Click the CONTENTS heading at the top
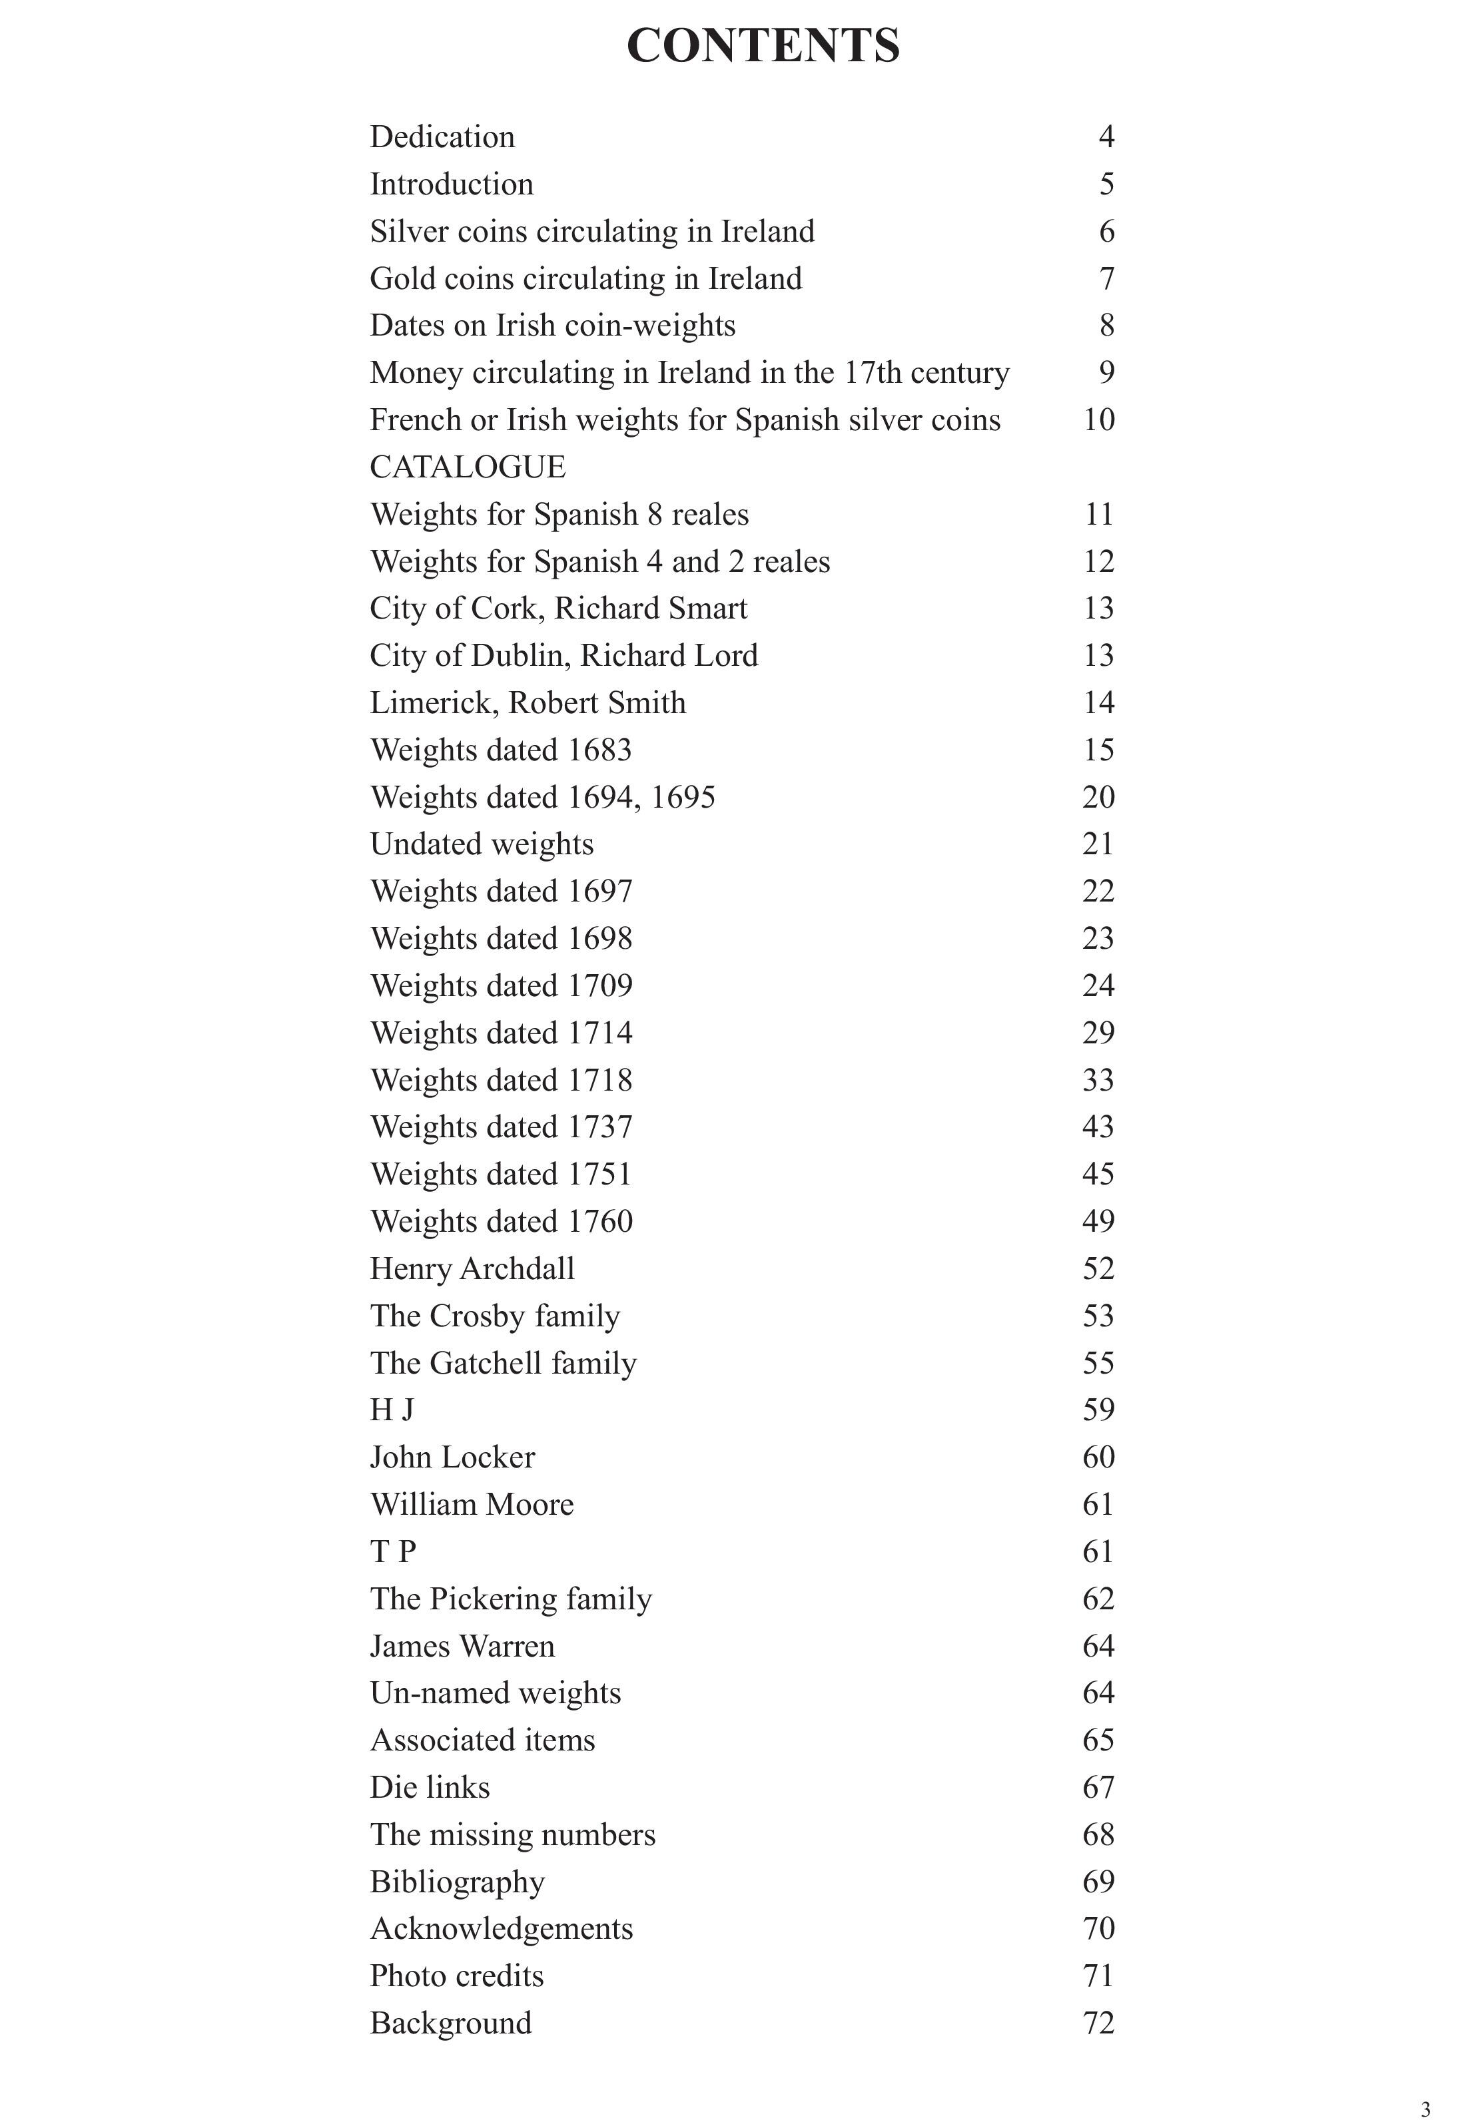(763, 45)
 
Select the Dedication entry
(442, 136)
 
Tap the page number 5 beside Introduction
(1106, 184)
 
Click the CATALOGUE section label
(468, 467)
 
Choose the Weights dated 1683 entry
(501, 750)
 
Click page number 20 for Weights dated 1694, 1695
(1098, 797)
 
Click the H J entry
(392, 1410)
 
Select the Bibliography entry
(457, 1882)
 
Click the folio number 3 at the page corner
(1425, 2101)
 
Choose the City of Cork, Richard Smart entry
(559, 609)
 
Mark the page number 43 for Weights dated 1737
(1098, 1127)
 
